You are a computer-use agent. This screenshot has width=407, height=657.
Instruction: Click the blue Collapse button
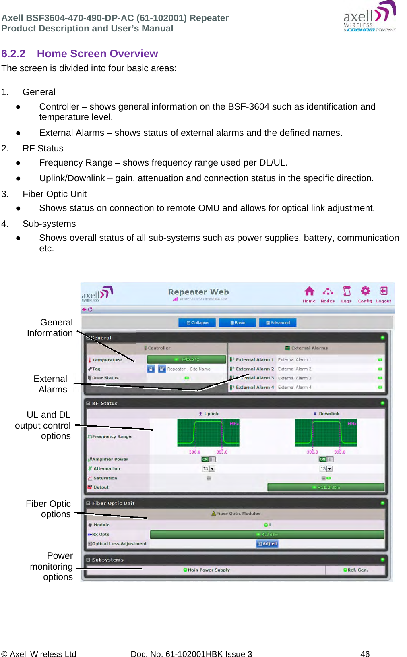coord(197,323)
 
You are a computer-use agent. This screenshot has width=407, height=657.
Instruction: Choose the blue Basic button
coord(238,323)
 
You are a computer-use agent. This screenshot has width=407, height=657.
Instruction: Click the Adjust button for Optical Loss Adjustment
coord(267,544)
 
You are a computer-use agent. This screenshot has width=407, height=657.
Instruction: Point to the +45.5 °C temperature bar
coord(186,359)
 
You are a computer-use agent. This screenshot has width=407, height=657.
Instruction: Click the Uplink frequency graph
coord(208,433)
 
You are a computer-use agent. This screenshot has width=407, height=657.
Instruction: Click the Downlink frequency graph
coord(326,433)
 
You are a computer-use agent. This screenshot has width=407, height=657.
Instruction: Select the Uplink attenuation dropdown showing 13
coord(209,469)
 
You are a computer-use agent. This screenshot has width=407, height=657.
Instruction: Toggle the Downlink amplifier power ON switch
coord(326,459)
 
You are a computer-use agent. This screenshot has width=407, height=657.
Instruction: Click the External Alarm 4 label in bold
coord(254,388)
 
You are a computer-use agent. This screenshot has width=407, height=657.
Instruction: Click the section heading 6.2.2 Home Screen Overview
coord(79,54)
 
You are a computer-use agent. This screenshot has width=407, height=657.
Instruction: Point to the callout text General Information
coord(50,327)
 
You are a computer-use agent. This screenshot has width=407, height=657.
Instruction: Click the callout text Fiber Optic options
coord(48,509)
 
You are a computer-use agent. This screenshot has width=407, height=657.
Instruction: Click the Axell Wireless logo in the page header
coord(370,17)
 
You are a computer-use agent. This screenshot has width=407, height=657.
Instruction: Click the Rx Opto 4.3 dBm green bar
coord(267,535)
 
